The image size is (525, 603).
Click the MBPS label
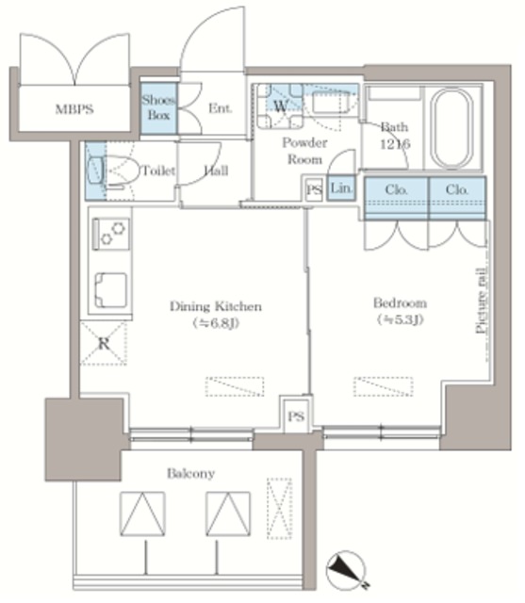(74, 109)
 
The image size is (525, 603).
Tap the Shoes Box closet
(158, 108)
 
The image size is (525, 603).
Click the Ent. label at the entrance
(220, 108)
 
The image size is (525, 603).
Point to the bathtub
(451, 128)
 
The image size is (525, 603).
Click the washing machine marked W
(280, 106)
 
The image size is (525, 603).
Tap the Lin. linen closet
(341, 188)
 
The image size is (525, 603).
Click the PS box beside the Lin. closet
(314, 189)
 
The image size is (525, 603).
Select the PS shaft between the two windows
(296, 416)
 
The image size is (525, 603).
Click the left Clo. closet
(396, 198)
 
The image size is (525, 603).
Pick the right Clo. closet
(457, 198)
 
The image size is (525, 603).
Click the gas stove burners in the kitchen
(111, 234)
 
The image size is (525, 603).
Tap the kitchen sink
(111, 290)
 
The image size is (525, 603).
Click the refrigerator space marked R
(103, 343)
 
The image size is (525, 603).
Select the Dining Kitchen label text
(216, 306)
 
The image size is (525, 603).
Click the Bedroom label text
(400, 303)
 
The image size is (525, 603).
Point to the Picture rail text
(482, 301)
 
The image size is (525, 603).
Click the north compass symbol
(346, 570)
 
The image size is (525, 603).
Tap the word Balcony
(190, 473)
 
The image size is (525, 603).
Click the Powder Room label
(304, 151)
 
